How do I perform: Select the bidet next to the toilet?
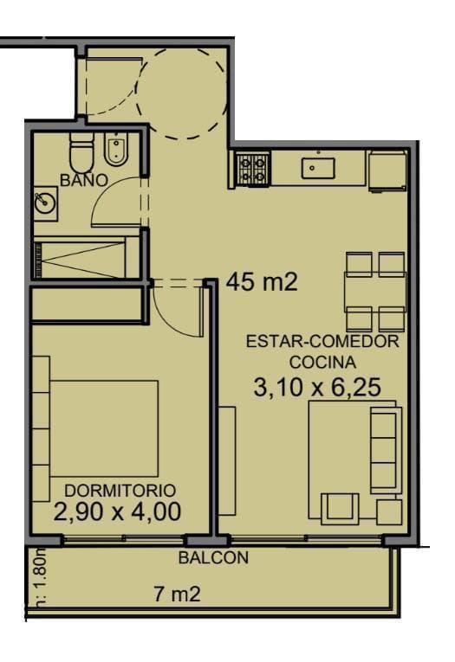point(116,152)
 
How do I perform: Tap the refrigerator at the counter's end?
point(387,170)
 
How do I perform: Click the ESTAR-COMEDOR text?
point(322,341)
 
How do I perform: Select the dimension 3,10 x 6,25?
point(317,387)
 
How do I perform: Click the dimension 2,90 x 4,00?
point(117,511)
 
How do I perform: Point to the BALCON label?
point(213,558)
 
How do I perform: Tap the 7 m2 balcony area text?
point(177,595)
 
